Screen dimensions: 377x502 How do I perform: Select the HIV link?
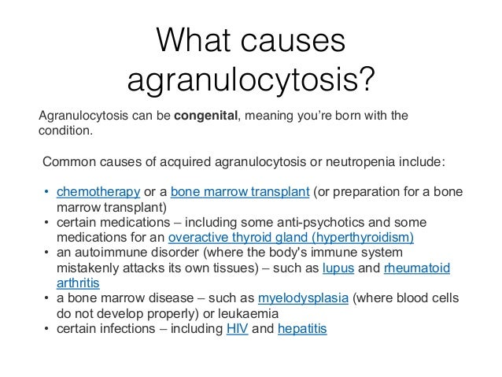coord(236,328)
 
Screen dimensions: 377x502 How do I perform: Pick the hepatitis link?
coord(302,328)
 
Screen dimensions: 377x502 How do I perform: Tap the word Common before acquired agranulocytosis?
coord(68,164)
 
